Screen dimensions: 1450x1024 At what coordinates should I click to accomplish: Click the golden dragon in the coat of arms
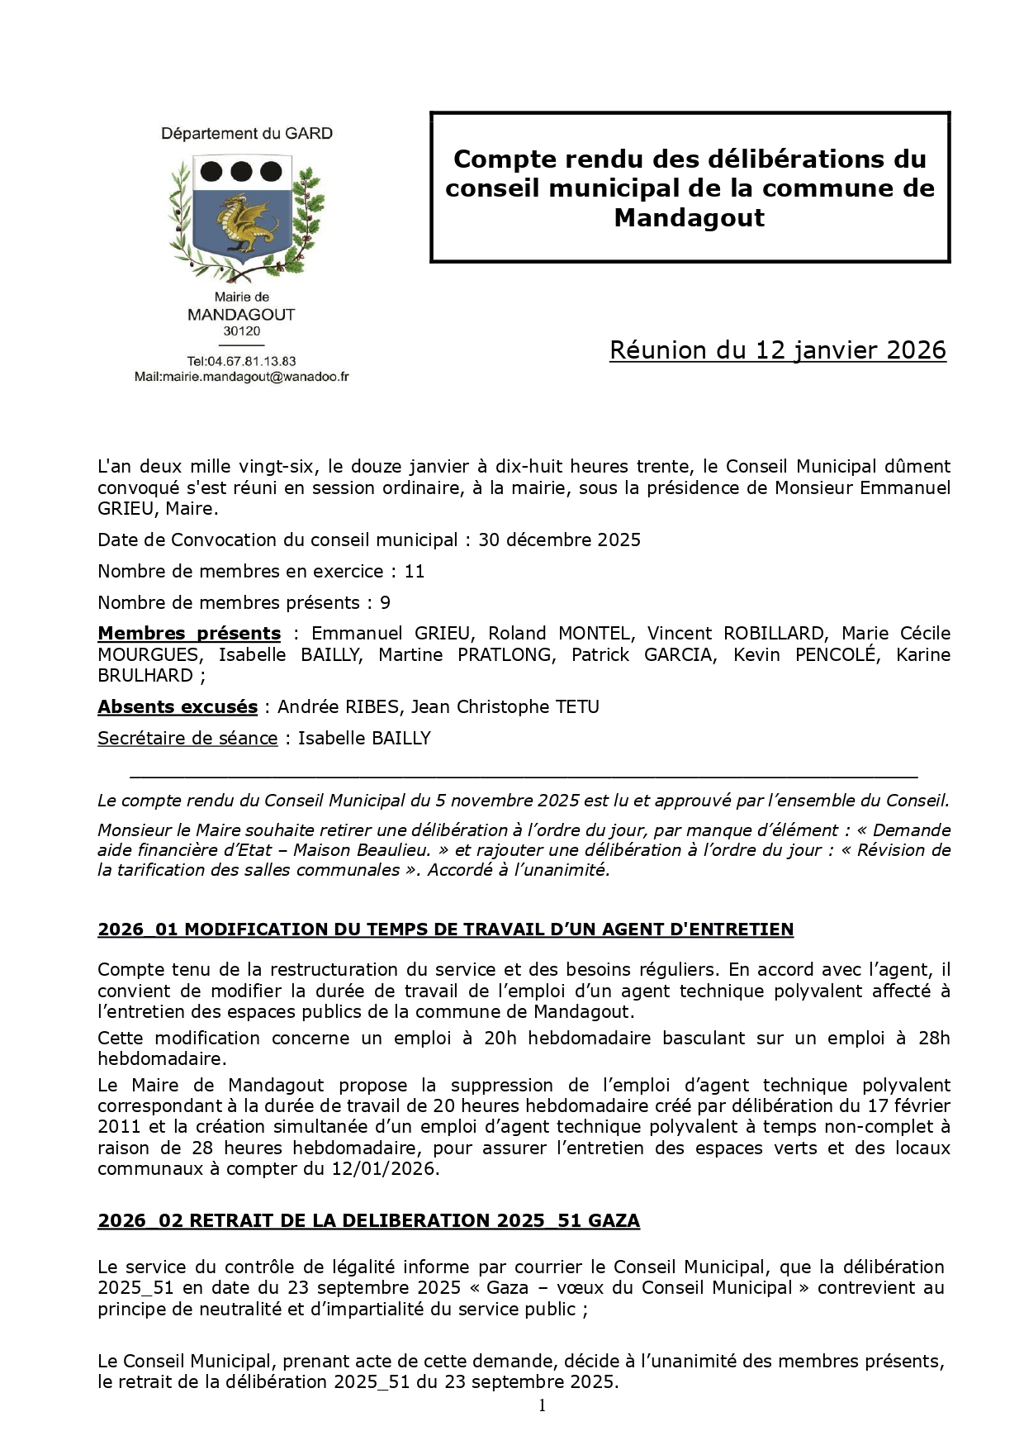(x=241, y=224)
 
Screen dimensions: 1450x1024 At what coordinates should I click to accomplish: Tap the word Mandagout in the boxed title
(x=689, y=218)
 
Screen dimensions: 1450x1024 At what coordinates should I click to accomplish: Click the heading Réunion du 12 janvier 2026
(x=777, y=350)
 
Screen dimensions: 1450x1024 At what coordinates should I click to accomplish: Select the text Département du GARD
(x=246, y=134)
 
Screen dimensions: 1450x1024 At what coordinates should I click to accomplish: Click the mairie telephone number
(x=241, y=361)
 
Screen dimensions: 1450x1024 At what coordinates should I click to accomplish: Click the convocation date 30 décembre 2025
(x=559, y=540)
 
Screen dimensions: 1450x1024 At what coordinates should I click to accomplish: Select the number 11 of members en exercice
(x=414, y=572)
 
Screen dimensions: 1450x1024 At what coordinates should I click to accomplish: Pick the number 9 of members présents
(x=385, y=603)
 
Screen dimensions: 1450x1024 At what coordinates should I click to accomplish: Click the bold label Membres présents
(x=189, y=634)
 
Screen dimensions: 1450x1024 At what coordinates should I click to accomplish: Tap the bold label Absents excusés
(x=178, y=707)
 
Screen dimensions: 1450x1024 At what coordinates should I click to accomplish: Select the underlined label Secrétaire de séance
(x=187, y=739)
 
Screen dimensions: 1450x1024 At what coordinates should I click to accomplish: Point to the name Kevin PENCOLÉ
(x=828, y=655)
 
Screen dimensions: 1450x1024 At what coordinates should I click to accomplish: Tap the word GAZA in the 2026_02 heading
(x=614, y=1221)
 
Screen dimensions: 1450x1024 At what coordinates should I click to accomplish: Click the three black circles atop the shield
(x=241, y=172)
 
